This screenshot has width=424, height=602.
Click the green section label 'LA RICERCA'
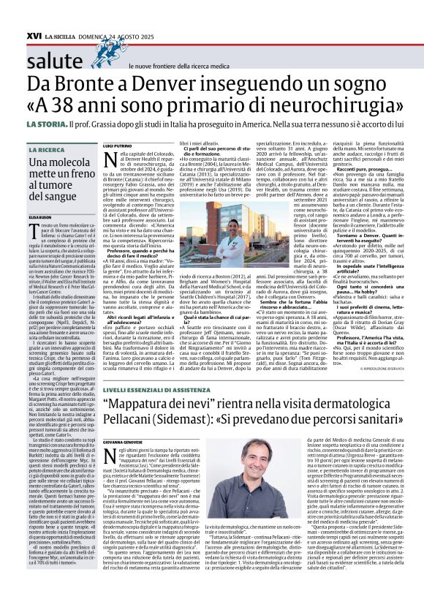tap(48, 150)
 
